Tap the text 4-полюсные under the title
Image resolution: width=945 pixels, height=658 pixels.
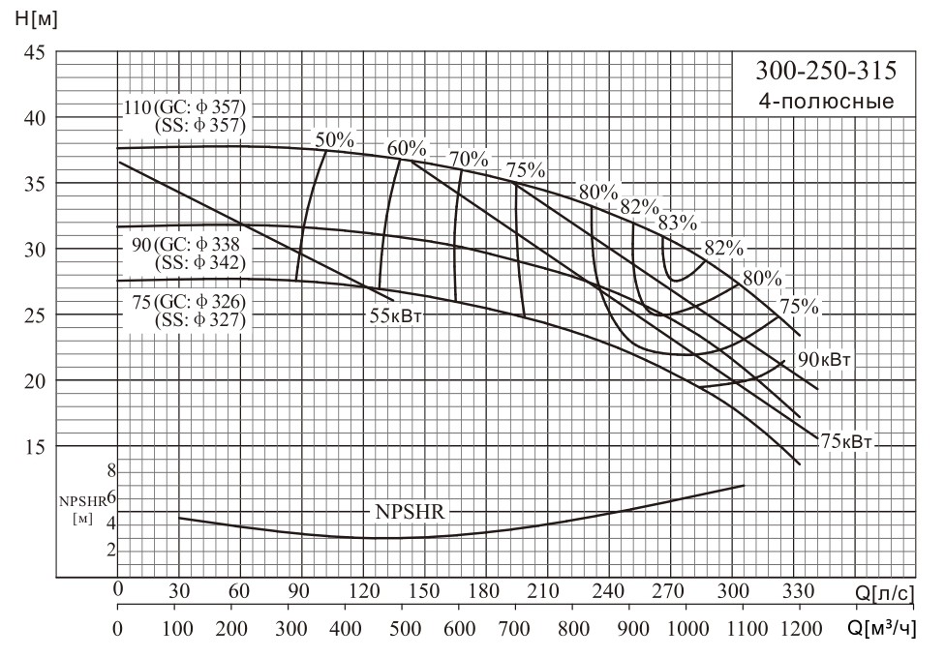pyautogui.click(x=826, y=101)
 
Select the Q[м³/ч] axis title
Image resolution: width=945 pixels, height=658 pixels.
pyautogui.click(x=881, y=629)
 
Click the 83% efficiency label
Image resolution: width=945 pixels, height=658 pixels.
pyautogui.click(x=677, y=223)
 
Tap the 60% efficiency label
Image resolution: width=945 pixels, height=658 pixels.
pyautogui.click(x=407, y=148)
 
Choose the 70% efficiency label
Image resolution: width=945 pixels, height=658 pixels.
pyautogui.click(x=468, y=159)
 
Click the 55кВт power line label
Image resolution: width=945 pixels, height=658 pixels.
pyautogui.click(x=397, y=314)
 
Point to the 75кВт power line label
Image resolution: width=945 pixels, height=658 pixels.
pyautogui.click(x=846, y=442)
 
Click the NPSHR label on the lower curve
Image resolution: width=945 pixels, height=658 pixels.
pyautogui.click(x=410, y=513)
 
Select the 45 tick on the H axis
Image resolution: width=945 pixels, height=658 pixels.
pyautogui.click(x=36, y=52)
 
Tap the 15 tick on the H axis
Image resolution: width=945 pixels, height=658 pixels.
pyautogui.click(x=36, y=446)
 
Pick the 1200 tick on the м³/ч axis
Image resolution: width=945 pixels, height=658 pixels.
pyautogui.click(x=798, y=628)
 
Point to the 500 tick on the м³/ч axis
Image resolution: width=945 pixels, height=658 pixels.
pyautogui.click(x=402, y=628)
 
